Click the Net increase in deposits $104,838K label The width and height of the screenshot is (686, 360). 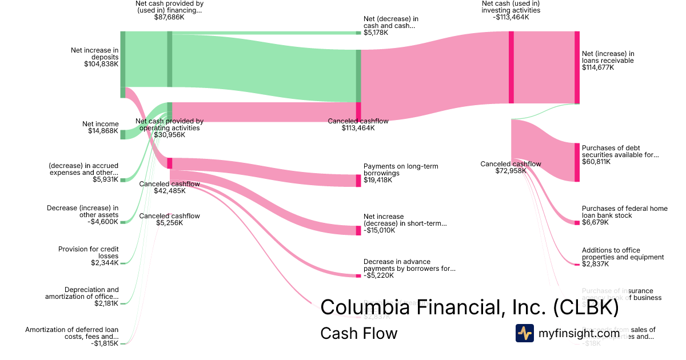(95, 57)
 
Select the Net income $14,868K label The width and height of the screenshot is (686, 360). (101, 127)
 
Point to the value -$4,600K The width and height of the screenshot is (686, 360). (103, 222)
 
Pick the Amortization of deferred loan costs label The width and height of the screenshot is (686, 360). (72, 333)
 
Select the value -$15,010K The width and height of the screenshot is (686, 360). (379, 230)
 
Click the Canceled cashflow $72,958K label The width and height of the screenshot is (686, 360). (510, 167)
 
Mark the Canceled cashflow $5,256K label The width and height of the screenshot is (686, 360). (170, 219)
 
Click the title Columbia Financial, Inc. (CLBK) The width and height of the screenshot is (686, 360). (469, 307)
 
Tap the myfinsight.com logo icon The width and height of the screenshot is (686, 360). (524, 333)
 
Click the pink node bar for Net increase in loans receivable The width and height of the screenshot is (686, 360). (577, 67)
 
